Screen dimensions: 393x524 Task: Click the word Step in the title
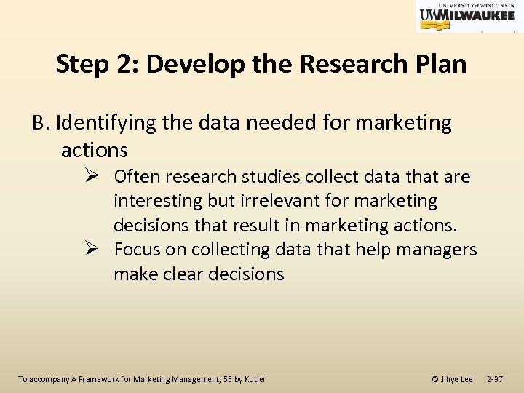coord(82,64)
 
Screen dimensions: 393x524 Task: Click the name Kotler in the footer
coord(256,379)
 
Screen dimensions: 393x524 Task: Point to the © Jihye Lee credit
coord(452,379)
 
